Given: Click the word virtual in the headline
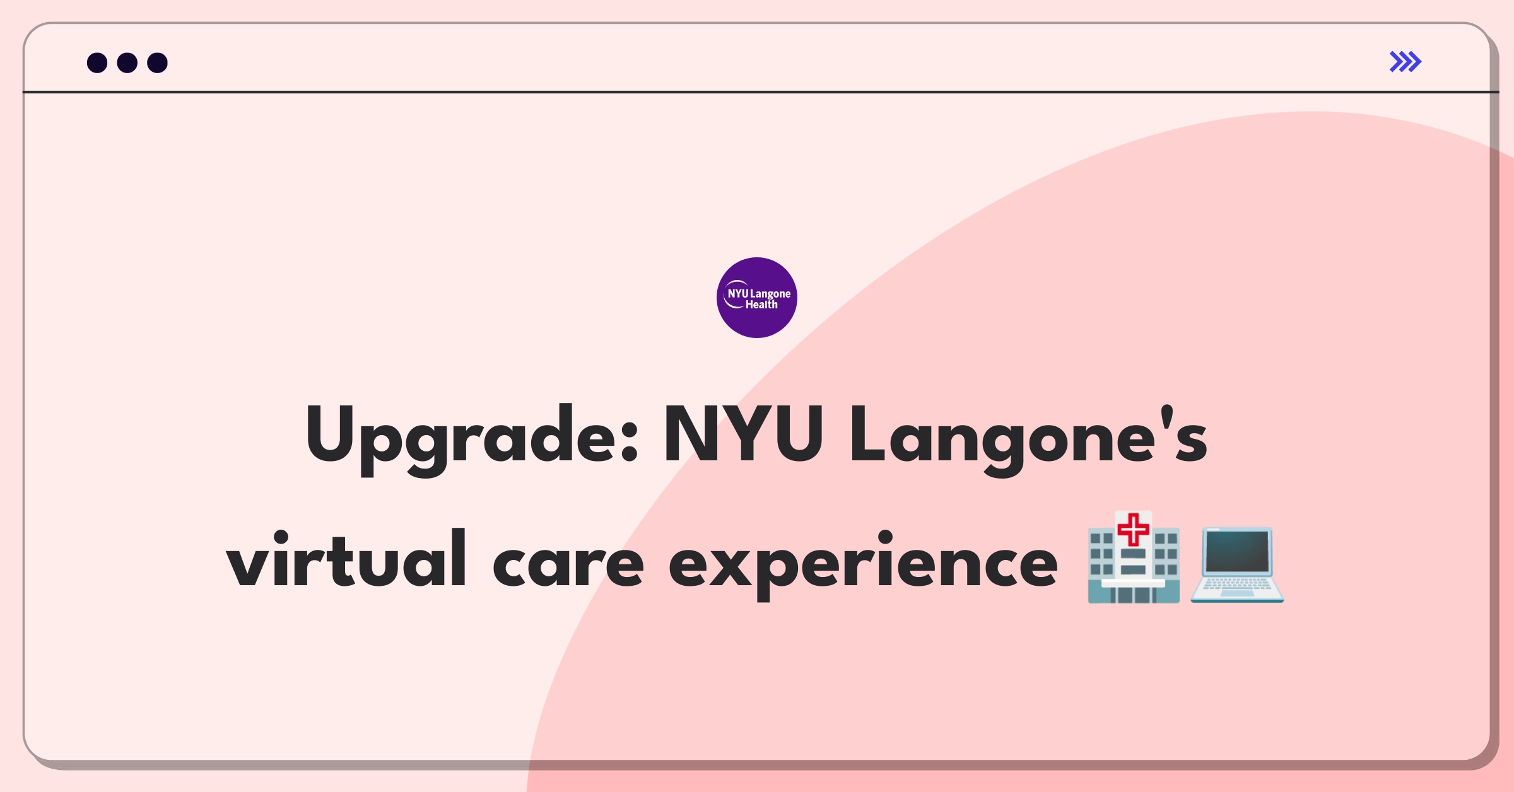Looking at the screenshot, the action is click(346, 559).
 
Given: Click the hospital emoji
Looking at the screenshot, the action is click(1134, 557).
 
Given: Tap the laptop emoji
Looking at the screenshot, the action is click(1237, 565).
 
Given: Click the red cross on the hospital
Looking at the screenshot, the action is click(1134, 529).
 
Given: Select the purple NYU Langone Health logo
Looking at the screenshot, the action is click(757, 298).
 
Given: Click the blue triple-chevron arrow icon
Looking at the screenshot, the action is click(1405, 62).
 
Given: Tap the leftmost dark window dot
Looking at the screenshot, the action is click(97, 62).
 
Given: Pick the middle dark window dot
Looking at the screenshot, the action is click(127, 62).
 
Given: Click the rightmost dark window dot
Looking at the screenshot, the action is click(158, 62).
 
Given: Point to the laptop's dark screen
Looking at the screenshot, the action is click(1238, 552).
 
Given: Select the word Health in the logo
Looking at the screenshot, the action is click(761, 305).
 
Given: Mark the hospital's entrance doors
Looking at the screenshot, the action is click(1134, 595).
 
